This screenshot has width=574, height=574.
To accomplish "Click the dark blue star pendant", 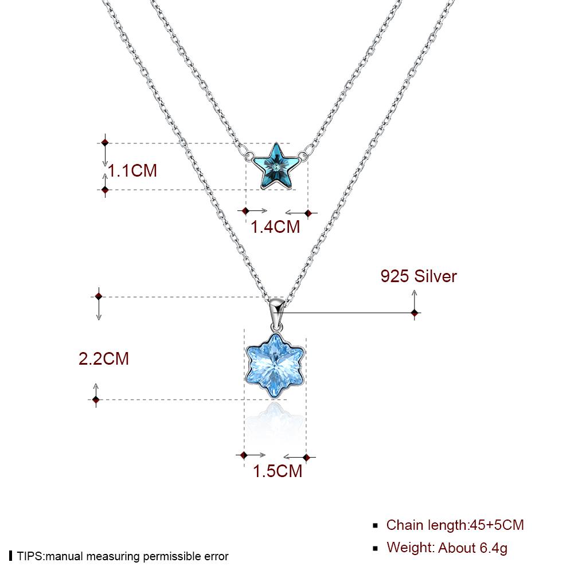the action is pyautogui.click(x=276, y=166).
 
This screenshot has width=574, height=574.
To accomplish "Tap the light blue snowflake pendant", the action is pyautogui.click(x=275, y=365).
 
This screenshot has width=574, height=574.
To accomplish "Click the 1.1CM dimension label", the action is pyautogui.click(x=132, y=170).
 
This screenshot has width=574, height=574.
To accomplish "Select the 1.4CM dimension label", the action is pyautogui.click(x=275, y=227).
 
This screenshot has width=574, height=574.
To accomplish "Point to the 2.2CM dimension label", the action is pyautogui.click(x=104, y=359).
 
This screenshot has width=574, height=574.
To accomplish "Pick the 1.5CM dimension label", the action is pyautogui.click(x=278, y=471).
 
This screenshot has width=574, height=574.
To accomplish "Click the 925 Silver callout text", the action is pyautogui.click(x=419, y=276).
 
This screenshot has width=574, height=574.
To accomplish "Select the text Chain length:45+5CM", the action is pyautogui.click(x=455, y=525).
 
